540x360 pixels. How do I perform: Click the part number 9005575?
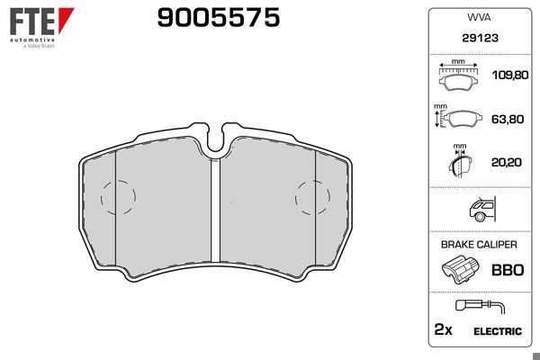(x=219, y=17)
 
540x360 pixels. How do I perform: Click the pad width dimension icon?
(x=459, y=77)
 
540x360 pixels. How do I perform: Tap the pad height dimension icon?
(x=457, y=119)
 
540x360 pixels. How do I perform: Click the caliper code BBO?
(x=507, y=269)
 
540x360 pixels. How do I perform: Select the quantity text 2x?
(x=442, y=330)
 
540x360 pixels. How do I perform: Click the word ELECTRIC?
(x=496, y=330)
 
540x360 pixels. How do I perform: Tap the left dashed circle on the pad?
(x=118, y=194)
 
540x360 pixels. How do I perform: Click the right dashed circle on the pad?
(x=312, y=194)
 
